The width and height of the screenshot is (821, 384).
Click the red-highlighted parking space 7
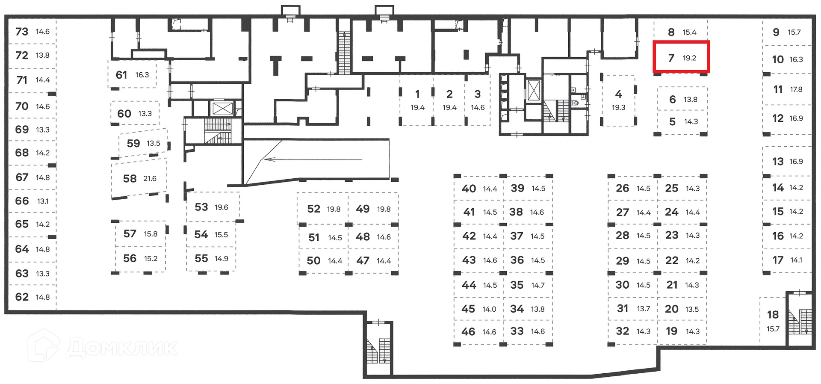[681, 57]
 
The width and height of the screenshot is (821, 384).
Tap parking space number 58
[130, 179]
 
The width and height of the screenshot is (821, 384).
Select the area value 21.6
[150, 179]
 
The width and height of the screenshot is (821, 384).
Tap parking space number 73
[22, 32]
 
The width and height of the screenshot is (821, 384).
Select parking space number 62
[22, 297]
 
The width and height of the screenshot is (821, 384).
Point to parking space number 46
[468, 332]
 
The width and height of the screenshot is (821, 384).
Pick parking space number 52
[313, 209]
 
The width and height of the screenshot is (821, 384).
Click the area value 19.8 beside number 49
[384, 209]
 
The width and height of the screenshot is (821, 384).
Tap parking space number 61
[121, 75]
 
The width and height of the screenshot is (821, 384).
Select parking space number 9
[776, 32]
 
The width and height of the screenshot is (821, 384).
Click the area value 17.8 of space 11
[796, 90]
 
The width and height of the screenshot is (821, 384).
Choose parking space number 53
[201, 207]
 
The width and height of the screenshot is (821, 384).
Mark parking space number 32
[622, 331]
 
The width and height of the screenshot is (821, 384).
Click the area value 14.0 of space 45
[489, 309]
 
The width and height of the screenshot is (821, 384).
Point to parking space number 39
[517, 189]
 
